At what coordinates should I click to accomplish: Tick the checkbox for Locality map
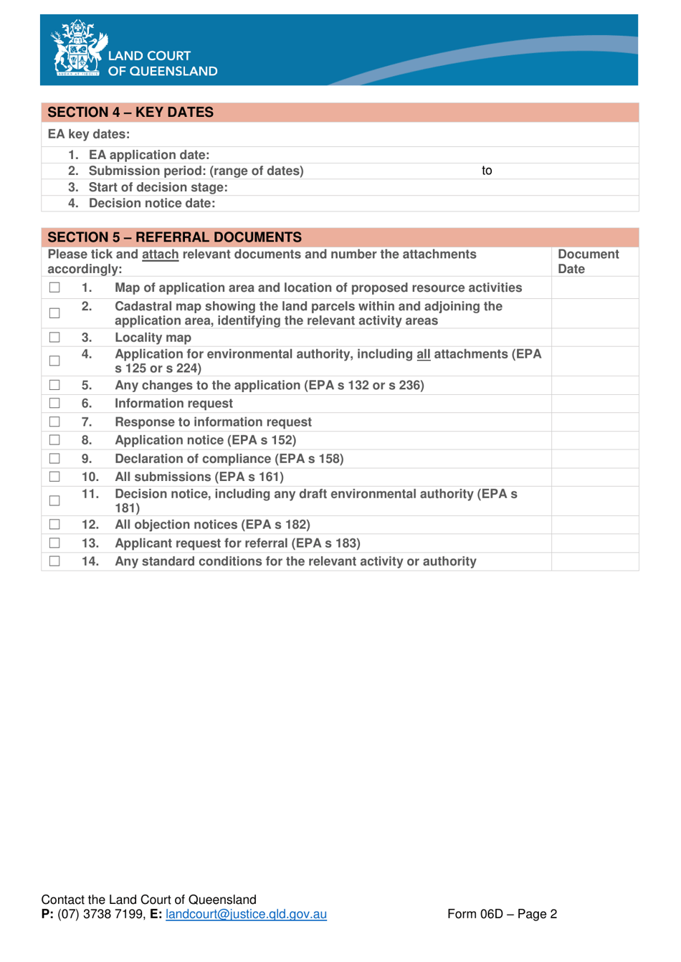pos(54,337)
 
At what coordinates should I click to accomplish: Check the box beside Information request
pos(54,404)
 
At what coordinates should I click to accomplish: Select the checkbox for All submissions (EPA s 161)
pos(54,477)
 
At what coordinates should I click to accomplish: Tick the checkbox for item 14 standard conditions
pos(54,561)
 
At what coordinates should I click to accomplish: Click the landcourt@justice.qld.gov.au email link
pos(246,914)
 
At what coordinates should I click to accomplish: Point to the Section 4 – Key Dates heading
pos(130,113)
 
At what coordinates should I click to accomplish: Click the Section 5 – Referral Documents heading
pos(174,237)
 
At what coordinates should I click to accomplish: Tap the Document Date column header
pos(588,262)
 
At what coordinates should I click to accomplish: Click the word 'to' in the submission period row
pos(487,171)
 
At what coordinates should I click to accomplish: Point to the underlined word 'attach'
pos(160,254)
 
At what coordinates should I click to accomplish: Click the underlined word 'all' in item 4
pos(423,354)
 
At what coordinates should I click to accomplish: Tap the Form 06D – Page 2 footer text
pos(502,914)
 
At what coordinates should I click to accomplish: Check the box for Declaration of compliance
pos(54,459)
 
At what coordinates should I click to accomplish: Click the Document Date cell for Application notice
pos(594,440)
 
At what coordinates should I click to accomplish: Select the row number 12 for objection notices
pos(90,525)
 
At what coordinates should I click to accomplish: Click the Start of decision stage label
pos(158,187)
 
